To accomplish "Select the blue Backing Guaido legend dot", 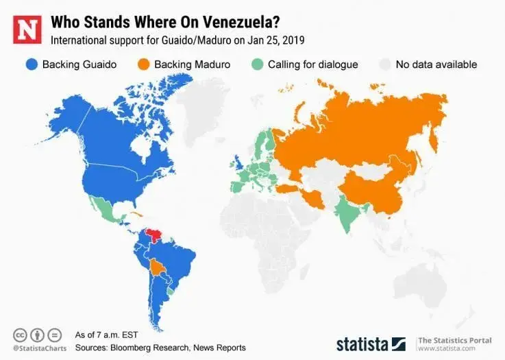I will click(x=30, y=64).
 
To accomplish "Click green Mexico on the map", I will click(x=103, y=209).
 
